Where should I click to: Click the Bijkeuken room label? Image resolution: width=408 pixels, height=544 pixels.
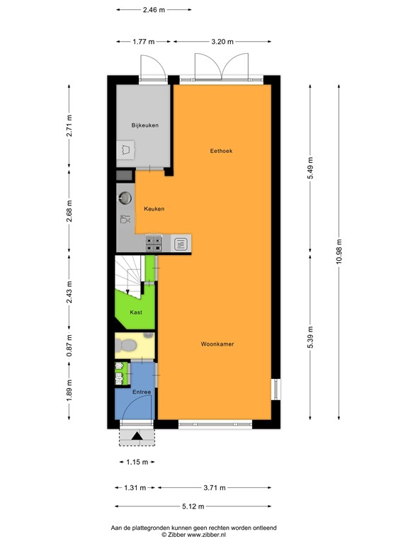(144, 125)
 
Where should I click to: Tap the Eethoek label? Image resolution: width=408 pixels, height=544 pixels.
(222, 151)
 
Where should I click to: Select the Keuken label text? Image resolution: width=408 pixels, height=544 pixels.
(154, 209)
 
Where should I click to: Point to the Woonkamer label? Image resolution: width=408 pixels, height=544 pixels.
(217, 344)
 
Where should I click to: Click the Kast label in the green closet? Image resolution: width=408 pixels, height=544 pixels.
(135, 312)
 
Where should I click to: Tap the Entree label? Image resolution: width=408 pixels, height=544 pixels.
(142, 392)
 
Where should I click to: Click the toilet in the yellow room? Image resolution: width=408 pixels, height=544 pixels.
(128, 345)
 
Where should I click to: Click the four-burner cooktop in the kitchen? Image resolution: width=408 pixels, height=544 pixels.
(154, 244)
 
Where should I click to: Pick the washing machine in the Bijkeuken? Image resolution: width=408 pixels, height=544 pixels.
(125, 149)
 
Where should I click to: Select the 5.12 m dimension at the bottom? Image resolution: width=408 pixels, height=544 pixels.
(193, 506)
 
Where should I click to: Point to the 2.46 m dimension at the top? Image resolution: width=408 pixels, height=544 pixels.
(154, 10)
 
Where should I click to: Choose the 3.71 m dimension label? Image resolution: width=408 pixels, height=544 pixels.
(214, 487)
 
